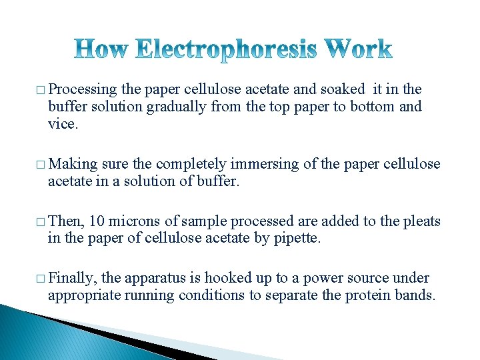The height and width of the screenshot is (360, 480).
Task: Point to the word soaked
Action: (343, 89)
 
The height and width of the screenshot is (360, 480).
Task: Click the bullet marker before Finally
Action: (41, 279)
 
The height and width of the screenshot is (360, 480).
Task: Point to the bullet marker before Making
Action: (41, 164)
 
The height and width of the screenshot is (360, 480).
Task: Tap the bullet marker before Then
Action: (41, 221)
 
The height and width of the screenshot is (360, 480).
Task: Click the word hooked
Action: (226, 278)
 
